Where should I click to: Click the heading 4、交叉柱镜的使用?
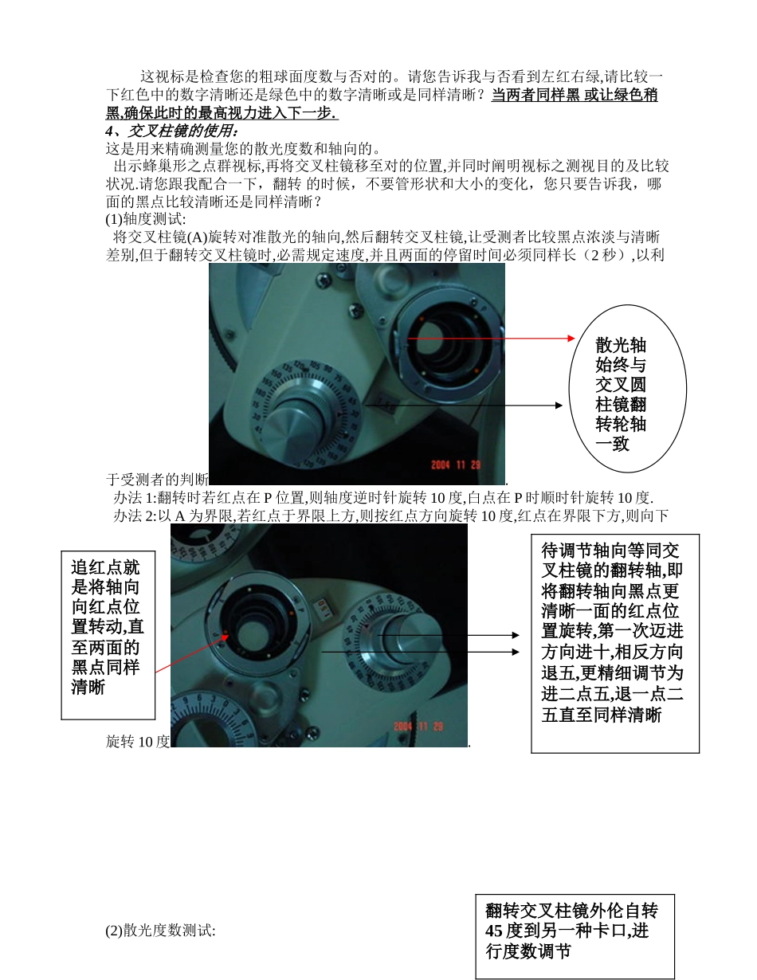[x=171, y=131]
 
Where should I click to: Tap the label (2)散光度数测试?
[x=160, y=930]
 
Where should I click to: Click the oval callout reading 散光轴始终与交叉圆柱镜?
[x=626, y=395]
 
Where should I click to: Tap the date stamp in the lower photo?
[x=418, y=727]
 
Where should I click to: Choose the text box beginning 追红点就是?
[x=108, y=627]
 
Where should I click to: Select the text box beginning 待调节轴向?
[x=614, y=642]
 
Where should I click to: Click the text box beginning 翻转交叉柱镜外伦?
[x=575, y=935]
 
